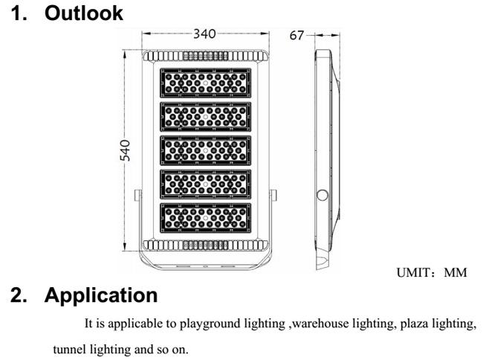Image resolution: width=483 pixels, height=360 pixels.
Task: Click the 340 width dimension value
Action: (204, 34)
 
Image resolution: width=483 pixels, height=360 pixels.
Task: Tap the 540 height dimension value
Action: (125, 150)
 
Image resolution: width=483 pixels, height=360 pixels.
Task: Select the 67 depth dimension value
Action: (296, 36)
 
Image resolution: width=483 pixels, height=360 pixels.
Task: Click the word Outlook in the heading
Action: (84, 13)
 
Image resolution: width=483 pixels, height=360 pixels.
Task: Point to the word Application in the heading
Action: (101, 295)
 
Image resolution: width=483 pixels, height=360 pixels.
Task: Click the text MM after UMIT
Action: (456, 272)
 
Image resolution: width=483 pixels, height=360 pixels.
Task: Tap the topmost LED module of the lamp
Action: (205, 83)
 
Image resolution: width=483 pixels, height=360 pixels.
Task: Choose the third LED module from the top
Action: (205, 150)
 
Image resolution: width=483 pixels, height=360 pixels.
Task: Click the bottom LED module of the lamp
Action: (205, 218)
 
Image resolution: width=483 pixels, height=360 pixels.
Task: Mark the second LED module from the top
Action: (205, 117)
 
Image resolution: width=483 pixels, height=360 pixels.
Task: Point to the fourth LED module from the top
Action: (205, 184)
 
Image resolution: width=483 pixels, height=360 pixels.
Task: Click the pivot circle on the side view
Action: (322, 196)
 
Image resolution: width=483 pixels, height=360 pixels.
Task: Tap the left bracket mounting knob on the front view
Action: (137, 196)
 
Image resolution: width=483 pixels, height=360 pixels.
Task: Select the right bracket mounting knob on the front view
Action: (273, 196)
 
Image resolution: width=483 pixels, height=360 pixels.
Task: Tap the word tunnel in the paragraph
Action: (70, 350)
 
